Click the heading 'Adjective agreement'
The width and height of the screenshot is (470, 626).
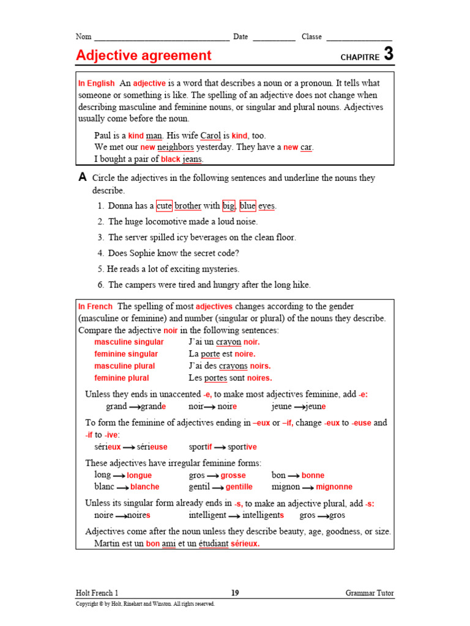point(143,56)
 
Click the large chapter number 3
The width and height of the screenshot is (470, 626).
point(389,54)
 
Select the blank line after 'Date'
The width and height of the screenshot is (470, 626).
point(274,38)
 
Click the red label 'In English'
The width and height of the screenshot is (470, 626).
point(96,83)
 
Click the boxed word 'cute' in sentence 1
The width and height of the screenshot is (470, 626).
point(164,206)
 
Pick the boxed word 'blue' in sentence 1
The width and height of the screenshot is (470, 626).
point(247,206)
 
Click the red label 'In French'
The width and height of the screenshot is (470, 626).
point(95,306)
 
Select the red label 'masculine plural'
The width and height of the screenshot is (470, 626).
point(124,366)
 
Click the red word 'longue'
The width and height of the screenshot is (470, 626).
point(139,475)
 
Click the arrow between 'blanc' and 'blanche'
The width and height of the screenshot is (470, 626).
point(122,488)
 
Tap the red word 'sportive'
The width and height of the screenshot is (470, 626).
point(242,447)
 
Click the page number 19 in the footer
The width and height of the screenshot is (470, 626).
point(235,593)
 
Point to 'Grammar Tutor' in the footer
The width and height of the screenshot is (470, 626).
point(370,593)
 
